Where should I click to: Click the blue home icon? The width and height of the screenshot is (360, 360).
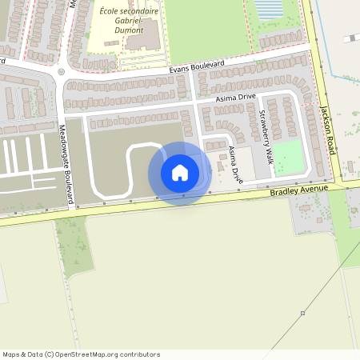(x=180, y=173)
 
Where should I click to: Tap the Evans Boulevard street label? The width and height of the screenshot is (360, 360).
(x=197, y=67)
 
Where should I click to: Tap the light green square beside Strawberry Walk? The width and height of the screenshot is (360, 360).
(x=289, y=158)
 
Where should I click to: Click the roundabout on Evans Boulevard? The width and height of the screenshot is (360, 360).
(x=61, y=72)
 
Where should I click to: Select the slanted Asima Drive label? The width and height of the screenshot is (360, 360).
(x=235, y=165)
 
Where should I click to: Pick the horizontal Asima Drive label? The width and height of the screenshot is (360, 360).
(x=236, y=98)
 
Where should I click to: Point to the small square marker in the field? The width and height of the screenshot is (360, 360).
(x=302, y=313)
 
